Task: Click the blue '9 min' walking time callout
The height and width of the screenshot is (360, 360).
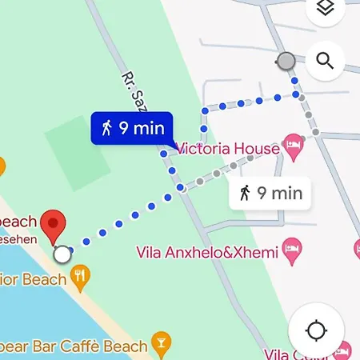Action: [x=133, y=128]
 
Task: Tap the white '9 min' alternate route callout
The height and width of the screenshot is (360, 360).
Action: [x=270, y=193]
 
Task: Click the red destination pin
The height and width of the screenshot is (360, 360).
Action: [x=54, y=226]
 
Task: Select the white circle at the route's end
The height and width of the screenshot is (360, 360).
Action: [x=62, y=254]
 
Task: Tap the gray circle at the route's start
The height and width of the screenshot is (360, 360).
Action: [x=286, y=61]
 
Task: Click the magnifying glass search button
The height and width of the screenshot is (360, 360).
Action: [x=325, y=61]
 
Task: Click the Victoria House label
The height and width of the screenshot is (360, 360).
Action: [x=227, y=148]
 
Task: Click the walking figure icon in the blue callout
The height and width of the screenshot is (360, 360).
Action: [x=106, y=128]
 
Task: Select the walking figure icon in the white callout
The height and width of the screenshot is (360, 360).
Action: [x=245, y=193]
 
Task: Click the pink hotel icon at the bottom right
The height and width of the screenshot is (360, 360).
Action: [x=343, y=350]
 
